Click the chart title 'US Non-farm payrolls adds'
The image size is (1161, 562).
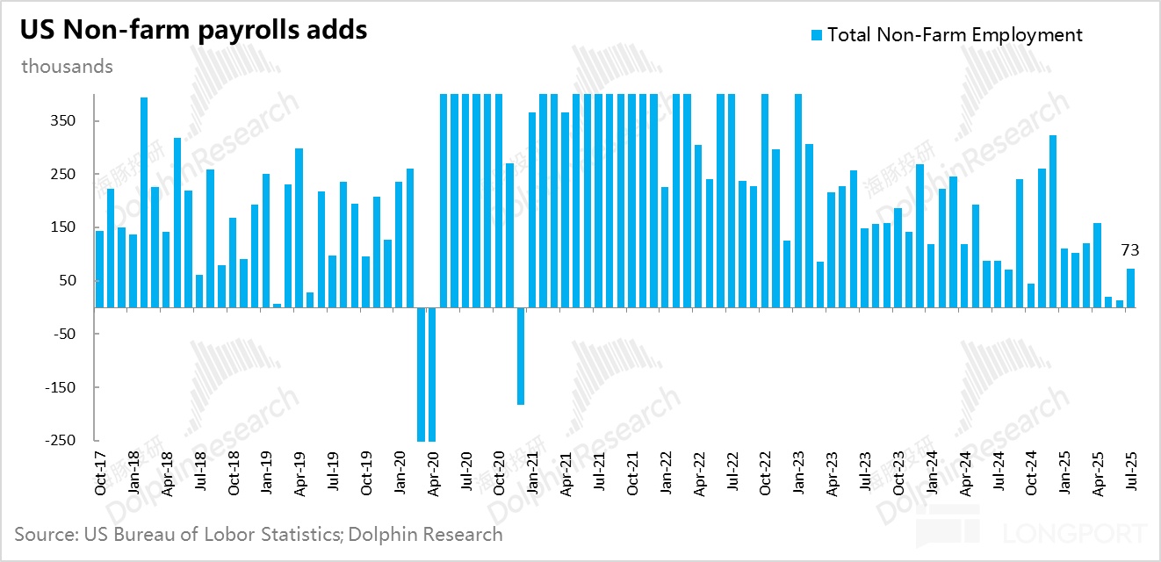tap(193, 31)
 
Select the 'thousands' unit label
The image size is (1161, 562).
tap(68, 67)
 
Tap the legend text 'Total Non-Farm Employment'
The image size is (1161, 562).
tap(955, 35)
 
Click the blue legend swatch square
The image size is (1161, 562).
tap(817, 35)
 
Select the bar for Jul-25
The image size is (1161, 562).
tap(1131, 288)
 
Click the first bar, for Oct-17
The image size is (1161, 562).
tap(99, 269)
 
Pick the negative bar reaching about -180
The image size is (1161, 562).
tap(521, 356)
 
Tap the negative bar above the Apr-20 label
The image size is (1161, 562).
tap(432, 374)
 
